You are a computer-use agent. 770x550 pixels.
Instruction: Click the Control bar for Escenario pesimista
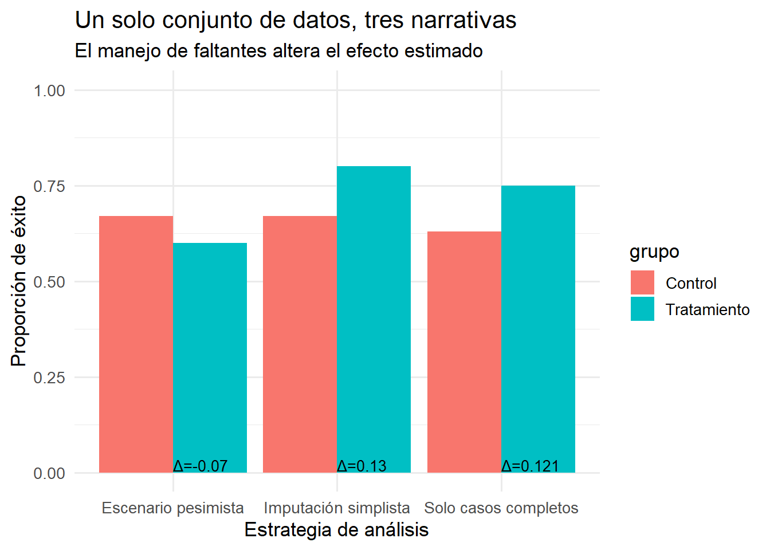tap(136, 344)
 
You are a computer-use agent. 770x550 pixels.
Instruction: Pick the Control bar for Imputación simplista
tap(300, 344)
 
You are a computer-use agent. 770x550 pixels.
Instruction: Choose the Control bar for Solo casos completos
tap(464, 352)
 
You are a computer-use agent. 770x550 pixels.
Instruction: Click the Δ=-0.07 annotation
tap(201, 466)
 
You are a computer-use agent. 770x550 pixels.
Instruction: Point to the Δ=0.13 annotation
tap(362, 466)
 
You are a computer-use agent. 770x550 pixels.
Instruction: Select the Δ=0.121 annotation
tap(530, 466)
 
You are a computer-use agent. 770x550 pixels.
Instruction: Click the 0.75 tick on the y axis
tap(49, 186)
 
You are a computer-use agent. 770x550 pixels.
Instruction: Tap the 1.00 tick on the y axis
tap(49, 91)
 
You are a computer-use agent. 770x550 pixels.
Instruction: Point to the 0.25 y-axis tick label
tap(49, 378)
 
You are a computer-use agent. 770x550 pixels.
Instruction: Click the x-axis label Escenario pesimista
tap(172, 508)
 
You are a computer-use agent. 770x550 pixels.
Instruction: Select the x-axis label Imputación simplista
tap(337, 508)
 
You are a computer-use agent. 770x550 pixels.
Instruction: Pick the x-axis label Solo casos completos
tap(501, 508)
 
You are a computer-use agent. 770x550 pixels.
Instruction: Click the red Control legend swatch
tap(642, 282)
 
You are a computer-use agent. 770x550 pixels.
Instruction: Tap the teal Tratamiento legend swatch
tap(642, 309)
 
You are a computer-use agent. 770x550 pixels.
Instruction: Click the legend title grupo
tap(654, 252)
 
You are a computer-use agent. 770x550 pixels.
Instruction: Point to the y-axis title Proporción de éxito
tap(19, 281)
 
